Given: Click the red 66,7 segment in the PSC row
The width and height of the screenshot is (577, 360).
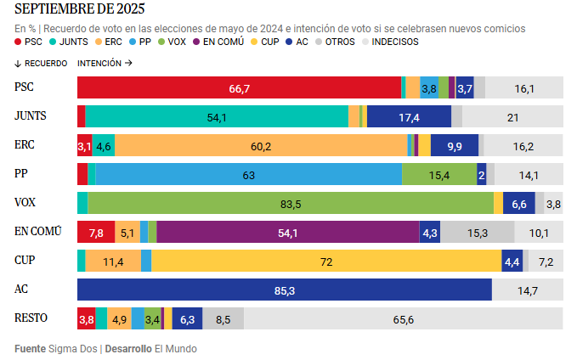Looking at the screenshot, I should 239,88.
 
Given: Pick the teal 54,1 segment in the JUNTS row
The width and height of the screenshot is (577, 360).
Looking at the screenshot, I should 217,117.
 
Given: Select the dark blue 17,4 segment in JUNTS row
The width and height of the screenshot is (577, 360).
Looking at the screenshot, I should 409,117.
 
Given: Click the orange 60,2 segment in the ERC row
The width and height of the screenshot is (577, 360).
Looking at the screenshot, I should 261,146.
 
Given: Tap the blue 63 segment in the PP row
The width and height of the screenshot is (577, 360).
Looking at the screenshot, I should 249,175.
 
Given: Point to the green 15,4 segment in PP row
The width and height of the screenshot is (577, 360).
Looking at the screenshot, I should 438,175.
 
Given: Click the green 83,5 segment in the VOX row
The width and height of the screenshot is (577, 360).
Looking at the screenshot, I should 291,204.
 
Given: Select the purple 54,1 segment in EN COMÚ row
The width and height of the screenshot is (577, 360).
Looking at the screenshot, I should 288,233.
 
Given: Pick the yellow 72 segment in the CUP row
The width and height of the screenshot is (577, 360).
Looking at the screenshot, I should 326,262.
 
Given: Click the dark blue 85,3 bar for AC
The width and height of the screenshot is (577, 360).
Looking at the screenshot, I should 285,290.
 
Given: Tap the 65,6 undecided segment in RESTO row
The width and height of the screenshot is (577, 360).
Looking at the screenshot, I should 404,319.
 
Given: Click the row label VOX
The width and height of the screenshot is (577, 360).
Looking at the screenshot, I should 26,204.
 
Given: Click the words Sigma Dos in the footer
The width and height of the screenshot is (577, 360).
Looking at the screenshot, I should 71,348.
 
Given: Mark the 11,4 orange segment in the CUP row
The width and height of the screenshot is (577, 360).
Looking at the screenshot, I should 113,262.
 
